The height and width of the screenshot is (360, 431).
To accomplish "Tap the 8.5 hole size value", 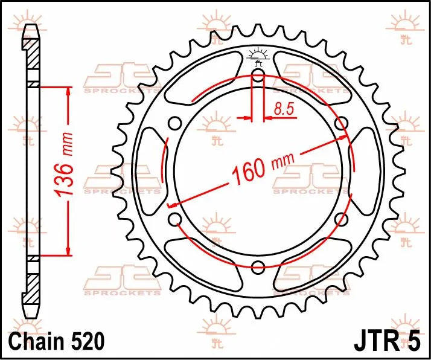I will coord(284,109).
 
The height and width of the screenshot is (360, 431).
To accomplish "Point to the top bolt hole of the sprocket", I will coord(258,75).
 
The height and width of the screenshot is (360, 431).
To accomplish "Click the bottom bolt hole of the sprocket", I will coord(258,267).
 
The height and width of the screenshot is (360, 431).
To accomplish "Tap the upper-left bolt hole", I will coord(175,124).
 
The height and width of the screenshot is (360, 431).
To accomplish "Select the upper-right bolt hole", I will coord(342,124).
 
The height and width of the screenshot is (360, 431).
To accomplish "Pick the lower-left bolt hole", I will coord(175,219).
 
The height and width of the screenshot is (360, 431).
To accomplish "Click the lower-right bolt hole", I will coord(342,219).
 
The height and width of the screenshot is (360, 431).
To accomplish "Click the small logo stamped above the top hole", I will coord(258,56).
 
